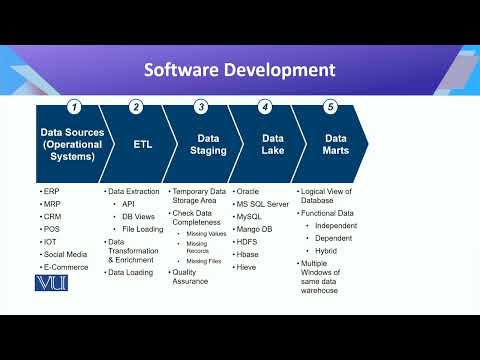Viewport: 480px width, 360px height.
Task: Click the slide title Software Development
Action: pos(239,70)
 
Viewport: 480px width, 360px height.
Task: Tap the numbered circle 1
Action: pos(74,106)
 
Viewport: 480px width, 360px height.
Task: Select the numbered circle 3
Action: pos(201,106)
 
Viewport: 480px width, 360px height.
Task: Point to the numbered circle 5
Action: pos(330,106)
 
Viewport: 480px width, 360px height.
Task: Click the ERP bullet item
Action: pos(52,190)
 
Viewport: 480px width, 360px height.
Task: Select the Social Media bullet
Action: pos(64,255)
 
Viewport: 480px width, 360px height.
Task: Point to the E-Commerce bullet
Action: pos(65,268)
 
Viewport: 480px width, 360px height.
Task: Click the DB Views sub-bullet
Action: pos(137,216)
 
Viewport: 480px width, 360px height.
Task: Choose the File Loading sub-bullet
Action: pos(142,229)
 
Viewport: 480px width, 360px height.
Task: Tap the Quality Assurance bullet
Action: pos(190,276)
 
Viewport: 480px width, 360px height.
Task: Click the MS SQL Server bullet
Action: pos(264,203)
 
